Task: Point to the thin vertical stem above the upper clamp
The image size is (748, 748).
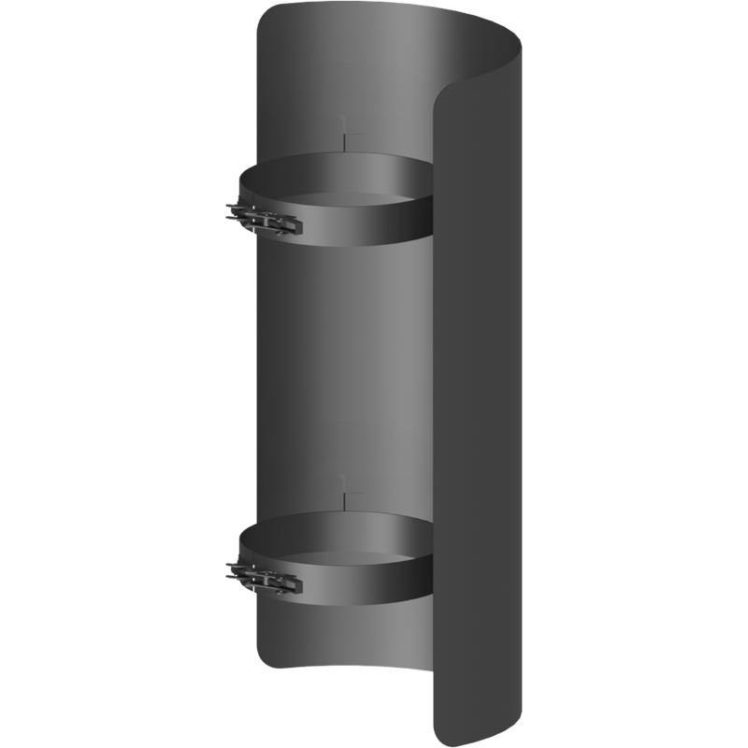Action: (346, 136)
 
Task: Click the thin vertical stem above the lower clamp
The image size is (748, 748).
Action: (346, 492)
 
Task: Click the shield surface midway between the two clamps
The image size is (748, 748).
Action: (341, 374)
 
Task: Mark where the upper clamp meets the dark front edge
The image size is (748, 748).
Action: (432, 201)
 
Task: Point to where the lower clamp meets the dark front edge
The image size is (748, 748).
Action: (432, 558)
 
